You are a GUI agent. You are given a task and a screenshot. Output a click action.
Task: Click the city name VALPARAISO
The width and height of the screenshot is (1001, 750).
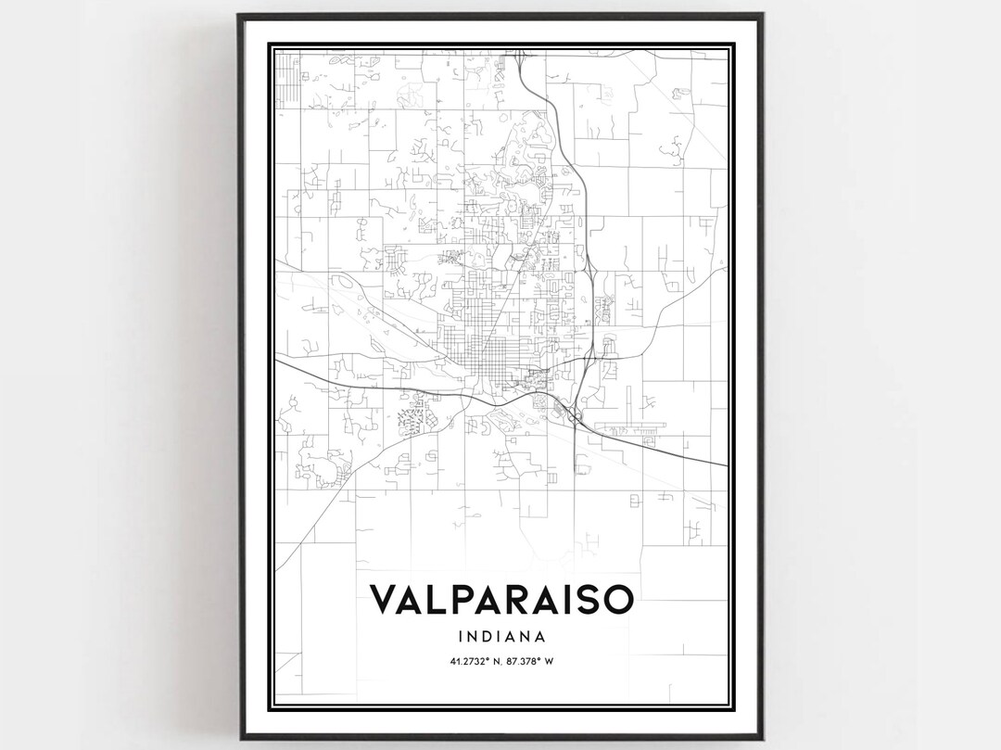tap(501, 599)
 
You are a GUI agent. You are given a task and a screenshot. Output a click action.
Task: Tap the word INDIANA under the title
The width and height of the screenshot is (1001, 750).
tap(501, 637)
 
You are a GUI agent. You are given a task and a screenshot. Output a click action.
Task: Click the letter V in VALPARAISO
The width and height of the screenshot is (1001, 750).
tap(383, 599)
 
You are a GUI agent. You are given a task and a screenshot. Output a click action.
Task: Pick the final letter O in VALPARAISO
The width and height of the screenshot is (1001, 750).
tap(618, 599)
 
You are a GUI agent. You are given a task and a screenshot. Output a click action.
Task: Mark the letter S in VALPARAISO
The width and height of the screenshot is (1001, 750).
tap(587, 599)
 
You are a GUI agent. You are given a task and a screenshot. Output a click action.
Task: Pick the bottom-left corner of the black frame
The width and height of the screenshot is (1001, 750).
tap(239, 738)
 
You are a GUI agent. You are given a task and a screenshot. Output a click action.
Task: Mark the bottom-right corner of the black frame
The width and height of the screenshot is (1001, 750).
tap(763, 738)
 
